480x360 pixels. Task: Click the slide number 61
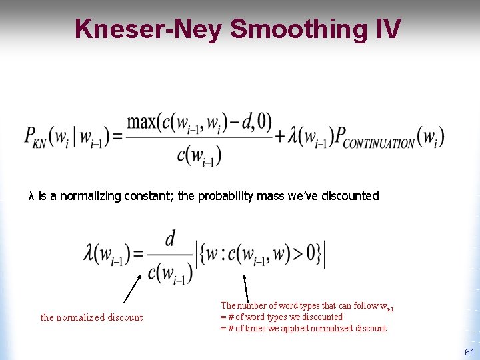pyautogui.click(x=469, y=352)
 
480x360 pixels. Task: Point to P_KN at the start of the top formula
pyautogui.click(x=35, y=139)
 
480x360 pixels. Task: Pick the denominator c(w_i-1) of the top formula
pyautogui.click(x=199, y=156)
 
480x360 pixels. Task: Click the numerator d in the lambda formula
pyautogui.click(x=169, y=239)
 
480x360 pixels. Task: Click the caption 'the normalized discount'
pyautogui.click(x=91, y=317)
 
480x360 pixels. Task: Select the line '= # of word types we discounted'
pyautogui.click(x=281, y=317)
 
